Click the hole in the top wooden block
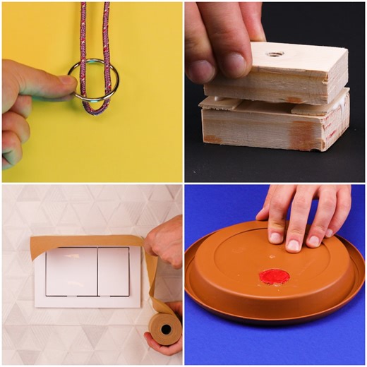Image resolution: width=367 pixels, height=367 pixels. click(x=275, y=53)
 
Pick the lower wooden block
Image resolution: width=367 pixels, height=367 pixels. click(x=275, y=127)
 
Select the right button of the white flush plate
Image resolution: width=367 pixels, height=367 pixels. click(x=113, y=271)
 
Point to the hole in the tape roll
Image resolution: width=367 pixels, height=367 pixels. click(x=167, y=329)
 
